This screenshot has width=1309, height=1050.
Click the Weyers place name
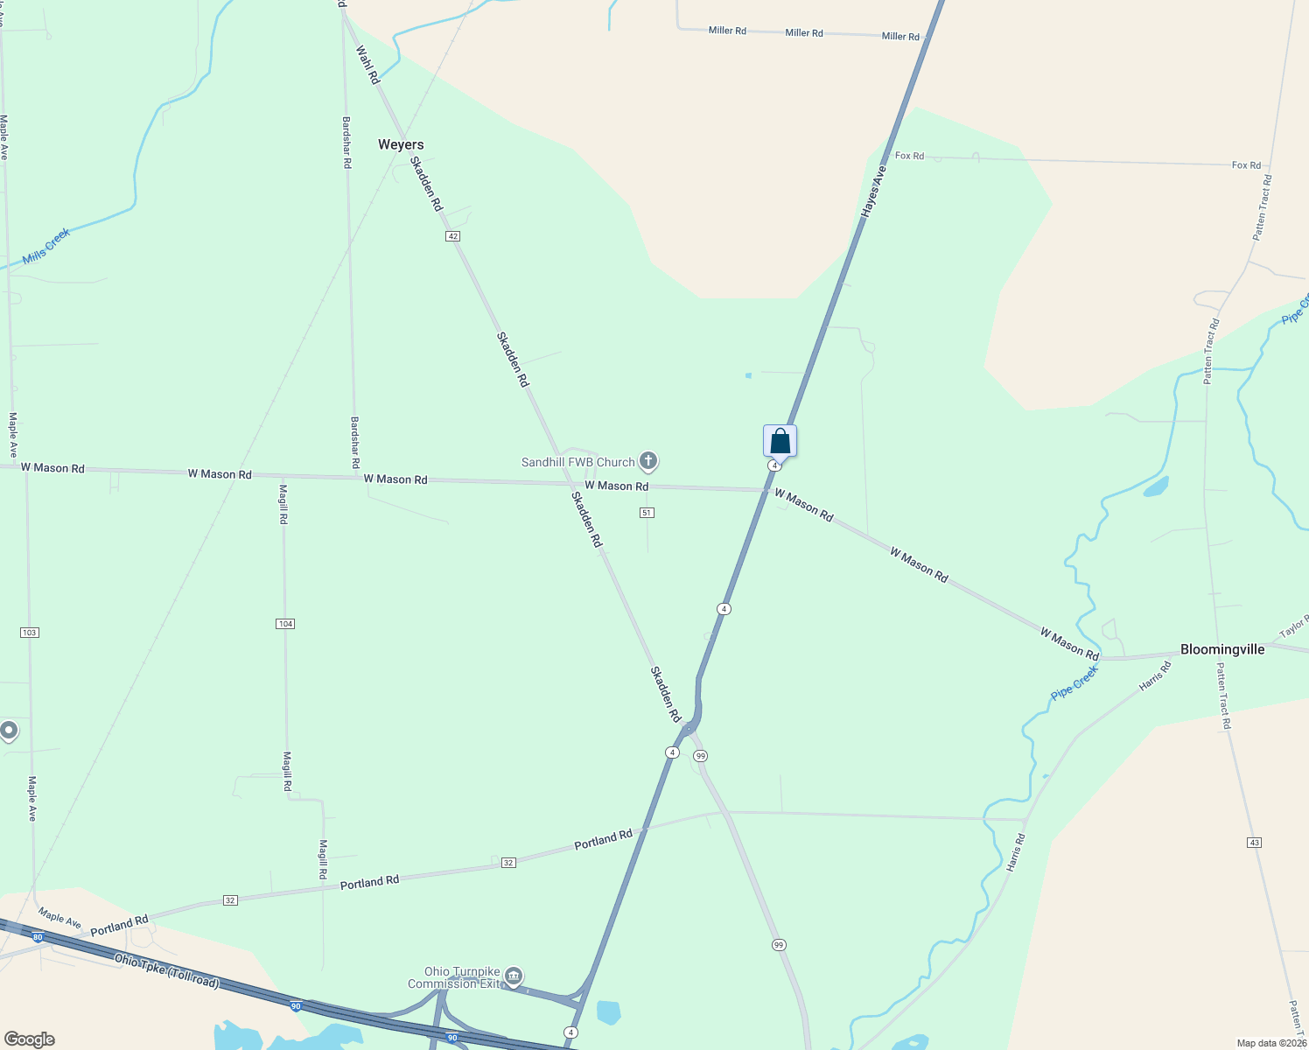click(x=401, y=144)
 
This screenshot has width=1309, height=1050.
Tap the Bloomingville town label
click(x=1222, y=649)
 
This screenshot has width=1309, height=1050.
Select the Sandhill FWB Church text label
click(x=577, y=462)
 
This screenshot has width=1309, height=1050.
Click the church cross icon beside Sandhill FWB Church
click(x=648, y=460)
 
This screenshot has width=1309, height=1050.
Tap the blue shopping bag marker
click(x=780, y=441)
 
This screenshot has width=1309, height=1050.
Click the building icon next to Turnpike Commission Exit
click(x=514, y=976)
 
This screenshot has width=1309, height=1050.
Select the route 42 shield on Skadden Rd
click(x=452, y=236)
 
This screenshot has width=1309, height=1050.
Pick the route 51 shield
click(x=647, y=513)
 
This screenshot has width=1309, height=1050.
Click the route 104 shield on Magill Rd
click(x=285, y=624)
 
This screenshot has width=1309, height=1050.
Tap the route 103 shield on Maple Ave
click(x=30, y=632)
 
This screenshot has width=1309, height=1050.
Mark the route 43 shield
click(x=1255, y=843)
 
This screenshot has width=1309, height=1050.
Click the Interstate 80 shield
click(x=37, y=937)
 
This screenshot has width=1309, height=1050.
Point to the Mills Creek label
click(x=46, y=246)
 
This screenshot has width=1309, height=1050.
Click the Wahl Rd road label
click(x=367, y=65)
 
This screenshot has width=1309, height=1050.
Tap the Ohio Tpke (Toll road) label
click(x=166, y=970)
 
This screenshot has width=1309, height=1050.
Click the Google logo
click(x=30, y=1039)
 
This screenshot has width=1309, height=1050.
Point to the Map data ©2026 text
click(x=1270, y=1043)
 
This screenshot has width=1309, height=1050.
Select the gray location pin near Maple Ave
click(x=9, y=730)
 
